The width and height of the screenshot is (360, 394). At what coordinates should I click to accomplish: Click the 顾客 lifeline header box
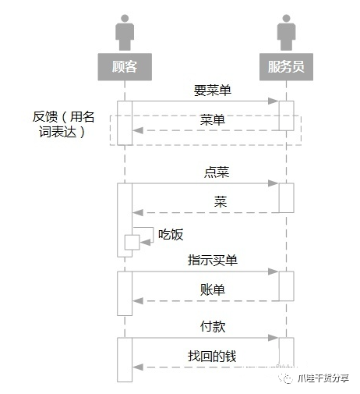tap(125, 67)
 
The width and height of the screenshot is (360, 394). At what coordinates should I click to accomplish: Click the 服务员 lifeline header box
tap(285, 67)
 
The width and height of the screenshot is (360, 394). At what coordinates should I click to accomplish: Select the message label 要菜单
tap(212, 90)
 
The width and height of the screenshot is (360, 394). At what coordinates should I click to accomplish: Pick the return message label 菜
tap(221, 201)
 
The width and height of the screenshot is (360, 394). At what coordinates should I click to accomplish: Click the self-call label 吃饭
tap(171, 233)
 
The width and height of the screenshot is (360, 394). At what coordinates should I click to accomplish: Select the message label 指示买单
tap(213, 261)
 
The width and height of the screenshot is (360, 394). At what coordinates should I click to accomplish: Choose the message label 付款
tap(213, 326)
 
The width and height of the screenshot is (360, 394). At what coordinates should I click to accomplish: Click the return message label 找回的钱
tap(212, 356)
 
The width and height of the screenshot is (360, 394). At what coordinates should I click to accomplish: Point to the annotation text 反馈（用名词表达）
tap(61, 125)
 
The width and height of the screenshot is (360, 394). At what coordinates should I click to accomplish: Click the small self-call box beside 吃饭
tap(132, 242)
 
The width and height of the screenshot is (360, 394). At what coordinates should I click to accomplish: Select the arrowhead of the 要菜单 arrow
tap(274, 101)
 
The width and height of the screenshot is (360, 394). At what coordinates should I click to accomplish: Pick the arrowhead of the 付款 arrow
tap(274, 338)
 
